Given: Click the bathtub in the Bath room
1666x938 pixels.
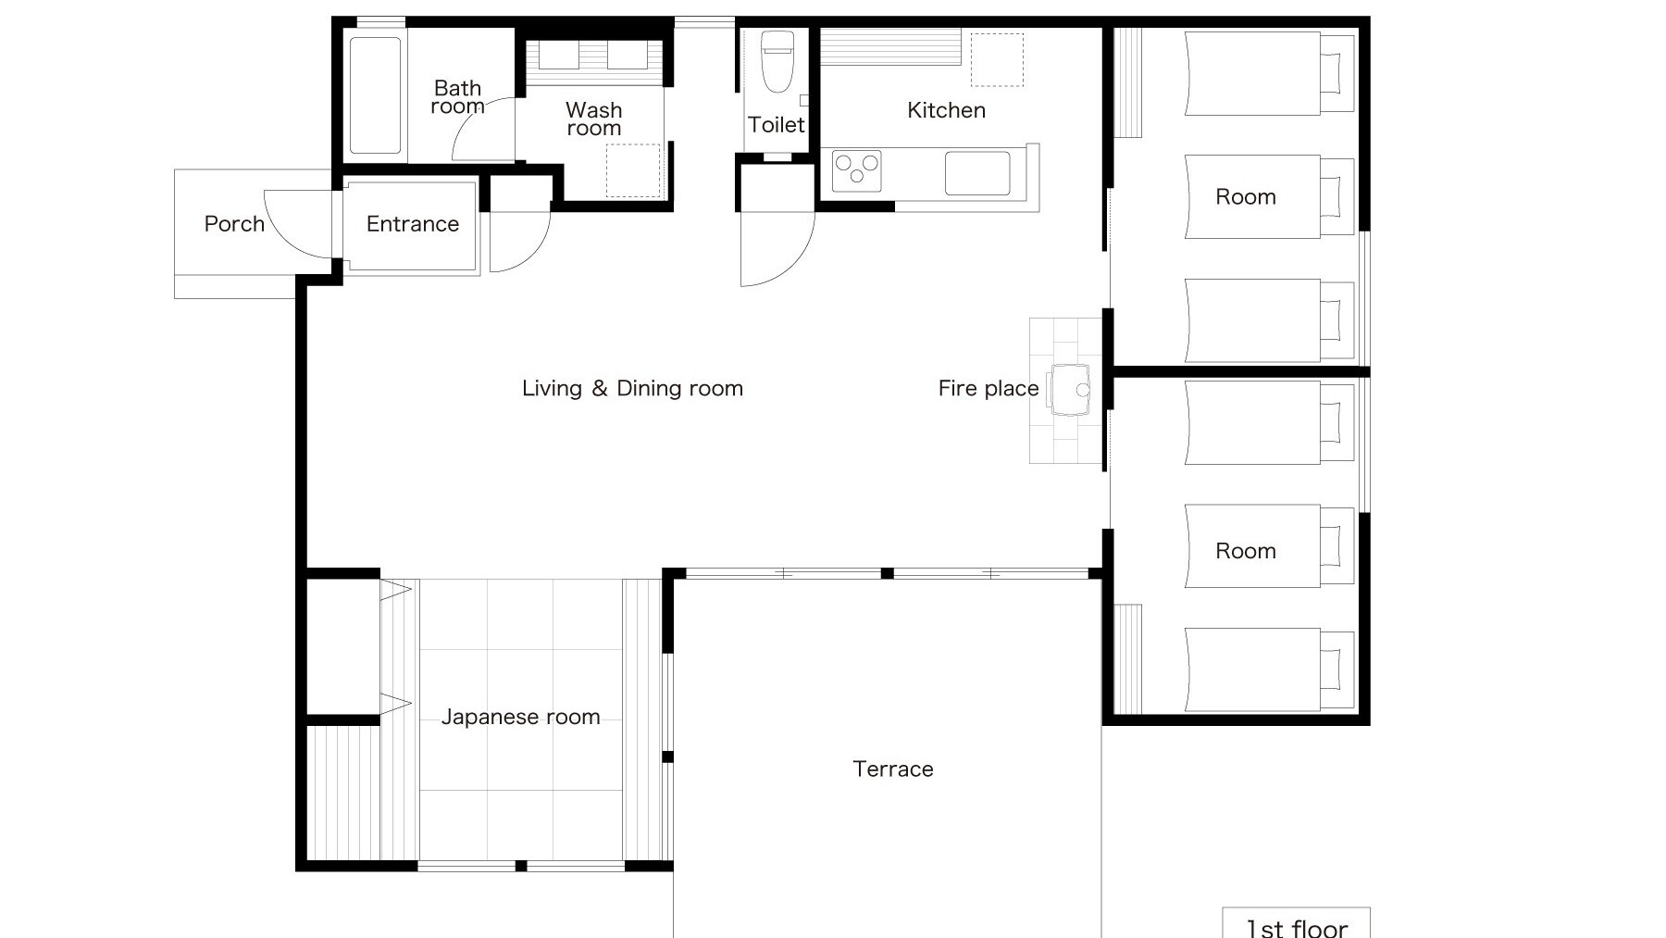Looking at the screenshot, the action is coord(376,95).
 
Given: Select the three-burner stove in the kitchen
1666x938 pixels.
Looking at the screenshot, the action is coord(856,171).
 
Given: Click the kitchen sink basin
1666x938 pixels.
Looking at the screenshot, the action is coord(977,173).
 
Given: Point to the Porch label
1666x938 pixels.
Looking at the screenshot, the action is coord(234,224).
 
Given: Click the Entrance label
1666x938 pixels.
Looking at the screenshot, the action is coord(413,224).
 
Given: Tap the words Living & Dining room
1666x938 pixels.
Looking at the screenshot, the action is coord(632,389).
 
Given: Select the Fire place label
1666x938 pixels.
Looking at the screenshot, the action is coord(988,389).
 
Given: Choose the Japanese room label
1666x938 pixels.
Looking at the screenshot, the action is coord(520,717).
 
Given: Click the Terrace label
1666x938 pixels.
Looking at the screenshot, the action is coord(893,769).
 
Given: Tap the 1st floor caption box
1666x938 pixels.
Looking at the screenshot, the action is coord(1296,923).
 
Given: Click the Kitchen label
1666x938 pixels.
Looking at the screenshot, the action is coord(946,110).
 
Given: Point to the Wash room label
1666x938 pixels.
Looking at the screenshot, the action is coord(594,119).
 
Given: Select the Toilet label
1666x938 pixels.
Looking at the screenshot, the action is coord(777,125).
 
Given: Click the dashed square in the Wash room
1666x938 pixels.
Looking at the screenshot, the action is coord(633,170).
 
